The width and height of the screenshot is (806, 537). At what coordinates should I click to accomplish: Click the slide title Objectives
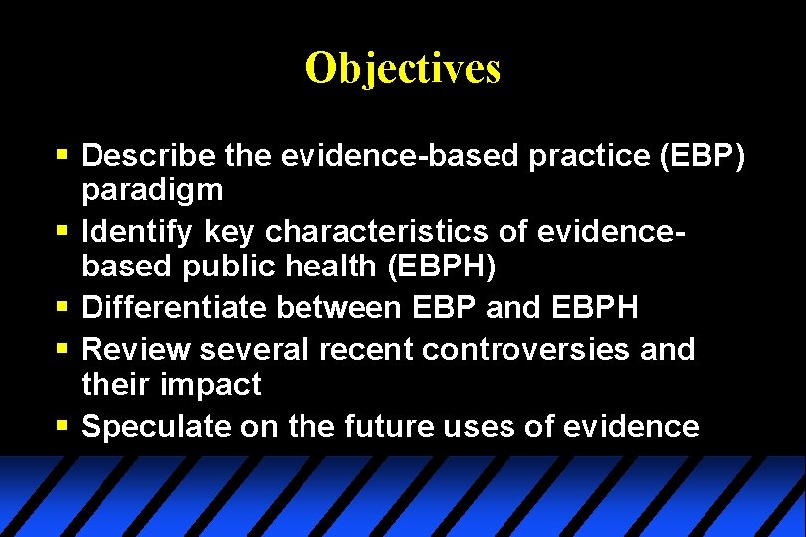point(403,68)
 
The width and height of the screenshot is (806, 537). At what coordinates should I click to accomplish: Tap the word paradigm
point(152,189)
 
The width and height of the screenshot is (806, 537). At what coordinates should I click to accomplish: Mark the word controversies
point(532,350)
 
